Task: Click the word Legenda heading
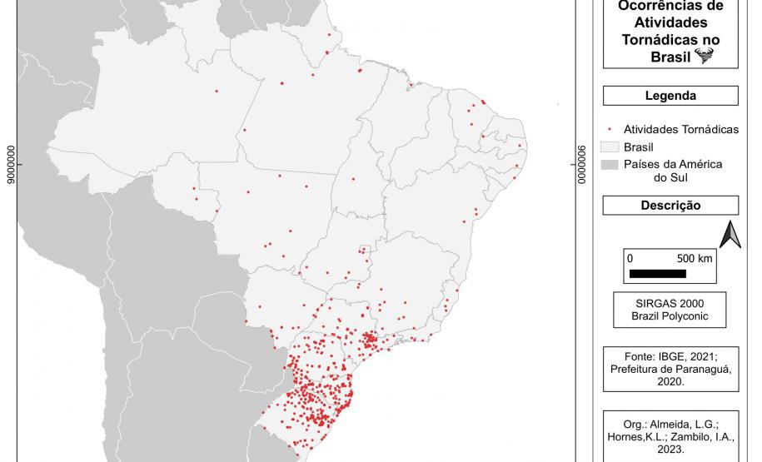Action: tap(670, 96)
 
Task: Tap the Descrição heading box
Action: tap(670, 206)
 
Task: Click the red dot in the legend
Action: tap(610, 130)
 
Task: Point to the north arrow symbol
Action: tap(730, 236)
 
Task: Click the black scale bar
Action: tap(658, 273)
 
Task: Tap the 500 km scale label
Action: tap(695, 258)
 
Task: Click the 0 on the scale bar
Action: tap(630, 258)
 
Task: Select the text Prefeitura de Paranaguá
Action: tap(670, 369)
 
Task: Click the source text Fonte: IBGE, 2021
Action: tap(670, 355)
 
